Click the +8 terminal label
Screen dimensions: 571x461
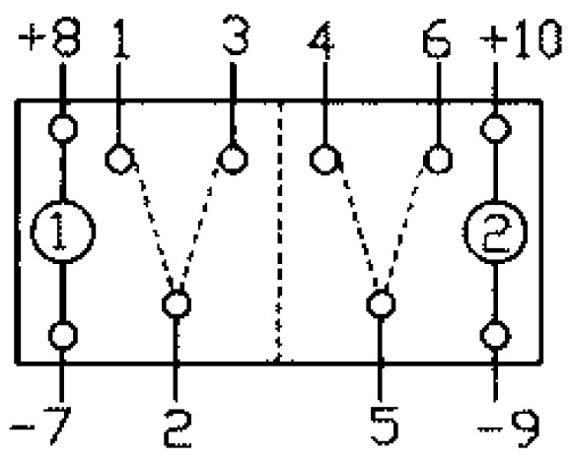pos(48,37)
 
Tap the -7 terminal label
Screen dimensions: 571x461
pos(40,426)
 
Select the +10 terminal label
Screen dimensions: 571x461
pos(521,38)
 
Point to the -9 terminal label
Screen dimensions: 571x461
pos(508,428)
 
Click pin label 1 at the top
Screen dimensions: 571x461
pos(121,38)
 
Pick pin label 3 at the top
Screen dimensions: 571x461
pos(236,35)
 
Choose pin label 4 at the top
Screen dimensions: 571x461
pos(321,40)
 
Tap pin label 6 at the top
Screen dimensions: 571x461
pos(437,38)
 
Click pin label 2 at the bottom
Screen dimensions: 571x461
pos(178,428)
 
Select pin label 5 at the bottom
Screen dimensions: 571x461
pos(384,426)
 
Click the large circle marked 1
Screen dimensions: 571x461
pos(63,231)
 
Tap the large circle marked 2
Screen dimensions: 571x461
pos(495,231)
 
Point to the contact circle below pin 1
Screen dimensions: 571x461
pos(119,159)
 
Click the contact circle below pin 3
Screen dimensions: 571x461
pos(233,159)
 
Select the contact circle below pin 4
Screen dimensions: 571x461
pos(324,160)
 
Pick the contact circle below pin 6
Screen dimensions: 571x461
pos(438,160)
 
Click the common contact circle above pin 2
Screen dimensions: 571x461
pos(177,303)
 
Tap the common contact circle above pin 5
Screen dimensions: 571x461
pos(381,303)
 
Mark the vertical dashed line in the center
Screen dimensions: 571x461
pos(279,232)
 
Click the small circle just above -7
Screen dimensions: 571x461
pos(63,336)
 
